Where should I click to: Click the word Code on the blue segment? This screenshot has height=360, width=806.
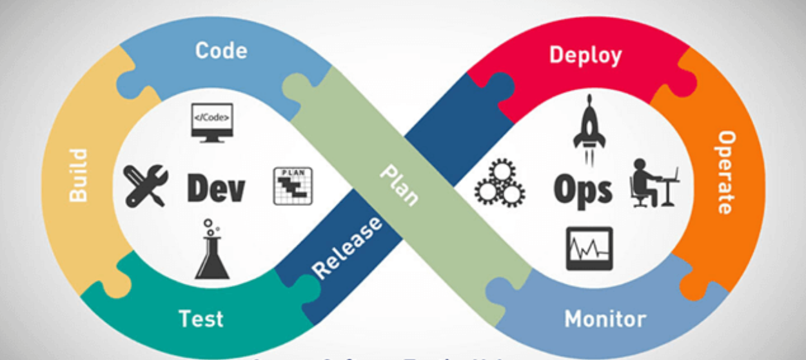tap(221, 51)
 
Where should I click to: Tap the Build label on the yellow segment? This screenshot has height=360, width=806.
tap(77, 175)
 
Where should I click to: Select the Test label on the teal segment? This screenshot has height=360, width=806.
tap(201, 319)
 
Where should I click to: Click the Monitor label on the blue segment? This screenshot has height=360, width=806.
tap(605, 319)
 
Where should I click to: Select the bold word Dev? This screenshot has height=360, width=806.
tap(216, 189)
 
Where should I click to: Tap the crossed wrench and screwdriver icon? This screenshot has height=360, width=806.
tap(146, 185)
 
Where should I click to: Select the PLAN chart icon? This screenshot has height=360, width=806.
tap(293, 186)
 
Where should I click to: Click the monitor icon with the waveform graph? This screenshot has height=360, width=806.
tap(589, 248)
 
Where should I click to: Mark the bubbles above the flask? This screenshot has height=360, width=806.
tap(210, 226)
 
